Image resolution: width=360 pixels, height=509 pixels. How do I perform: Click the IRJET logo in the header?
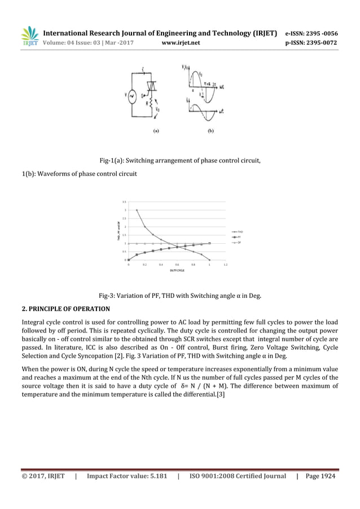[x=29, y=36]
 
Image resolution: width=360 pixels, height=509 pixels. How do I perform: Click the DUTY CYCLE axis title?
[x=177, y=270]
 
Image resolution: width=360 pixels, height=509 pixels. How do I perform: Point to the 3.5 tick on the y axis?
[x=124, y=201]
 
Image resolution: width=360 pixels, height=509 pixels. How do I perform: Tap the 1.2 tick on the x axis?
[x=226, y=264]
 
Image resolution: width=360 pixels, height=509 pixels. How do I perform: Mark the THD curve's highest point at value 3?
[x=137, y=210]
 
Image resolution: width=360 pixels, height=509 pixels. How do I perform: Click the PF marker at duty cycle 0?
[x=129, y=260]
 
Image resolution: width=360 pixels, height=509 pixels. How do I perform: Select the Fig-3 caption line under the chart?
[x=179, y=295]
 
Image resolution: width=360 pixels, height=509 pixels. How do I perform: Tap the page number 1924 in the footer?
[x=326, y=476]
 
